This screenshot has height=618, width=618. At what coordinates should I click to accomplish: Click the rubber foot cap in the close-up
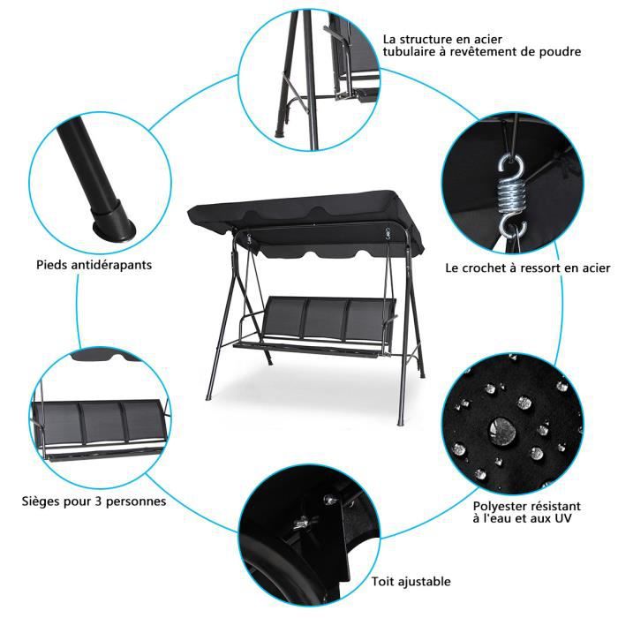pyautogui.click(x=116, y=220)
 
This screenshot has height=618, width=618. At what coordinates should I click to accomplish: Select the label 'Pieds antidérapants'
pyautogui.click(x=94, y=264)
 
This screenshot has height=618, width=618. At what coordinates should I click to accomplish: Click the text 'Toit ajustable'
pyautogui.click(x=411, y=581)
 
